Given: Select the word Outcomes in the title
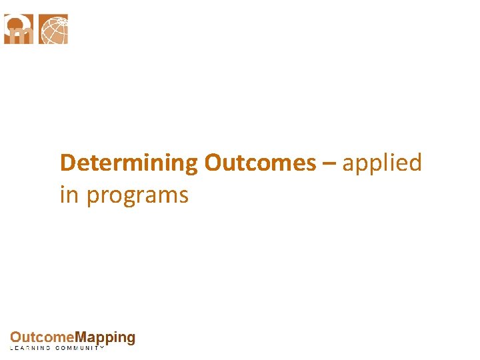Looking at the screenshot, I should point(260,163).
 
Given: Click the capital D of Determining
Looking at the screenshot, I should point(67,163).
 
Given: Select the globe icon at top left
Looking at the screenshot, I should point(53,29).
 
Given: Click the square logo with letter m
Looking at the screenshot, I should point(19,29).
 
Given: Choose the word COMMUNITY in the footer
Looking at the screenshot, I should point(81,348).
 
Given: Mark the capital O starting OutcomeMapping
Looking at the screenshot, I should point(15,338).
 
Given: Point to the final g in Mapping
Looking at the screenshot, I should point(130,339).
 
